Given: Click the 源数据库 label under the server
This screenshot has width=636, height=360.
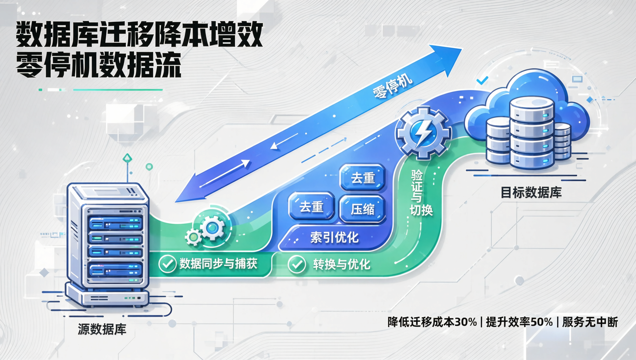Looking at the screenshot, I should click(x=102, y=329).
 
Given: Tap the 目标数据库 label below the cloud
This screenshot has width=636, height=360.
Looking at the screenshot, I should click(x=531, y=193).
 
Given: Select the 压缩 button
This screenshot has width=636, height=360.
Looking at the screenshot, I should click(x=362, y=209).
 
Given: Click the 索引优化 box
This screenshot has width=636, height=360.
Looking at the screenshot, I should click(x=334, y=237).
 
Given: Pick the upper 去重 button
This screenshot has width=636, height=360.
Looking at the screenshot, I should click(x=363, y=178).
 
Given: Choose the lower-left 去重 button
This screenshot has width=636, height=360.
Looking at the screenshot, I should click(x=311, y=207).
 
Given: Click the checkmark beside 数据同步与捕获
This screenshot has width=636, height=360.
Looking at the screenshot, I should click(x=167, y=264).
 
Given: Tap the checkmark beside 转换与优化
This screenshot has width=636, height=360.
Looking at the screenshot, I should click(x=297, y=264).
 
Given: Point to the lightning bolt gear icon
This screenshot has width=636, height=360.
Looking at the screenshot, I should click(x=423, y=133).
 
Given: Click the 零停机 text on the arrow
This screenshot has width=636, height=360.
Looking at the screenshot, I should click(x=392, y=86).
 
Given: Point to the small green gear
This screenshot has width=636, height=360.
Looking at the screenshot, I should click(x=193, y=237).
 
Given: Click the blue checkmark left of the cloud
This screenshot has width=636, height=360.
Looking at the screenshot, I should click(x=482, y=80).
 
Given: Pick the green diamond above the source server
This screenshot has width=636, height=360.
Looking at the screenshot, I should click(x=127, y=158).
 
